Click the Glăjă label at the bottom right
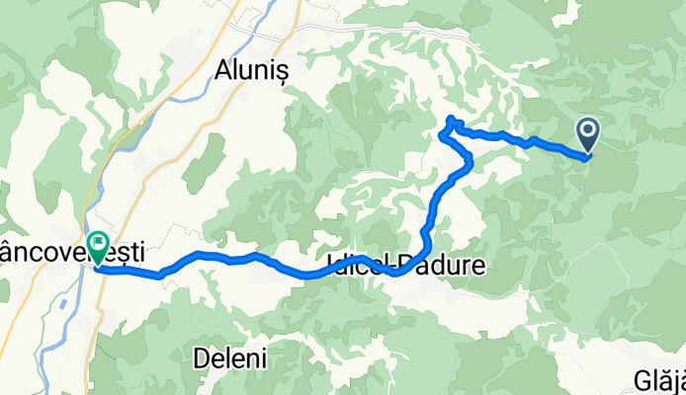656,381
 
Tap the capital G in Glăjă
637,381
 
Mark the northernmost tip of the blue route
451,118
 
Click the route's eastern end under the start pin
587,155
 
